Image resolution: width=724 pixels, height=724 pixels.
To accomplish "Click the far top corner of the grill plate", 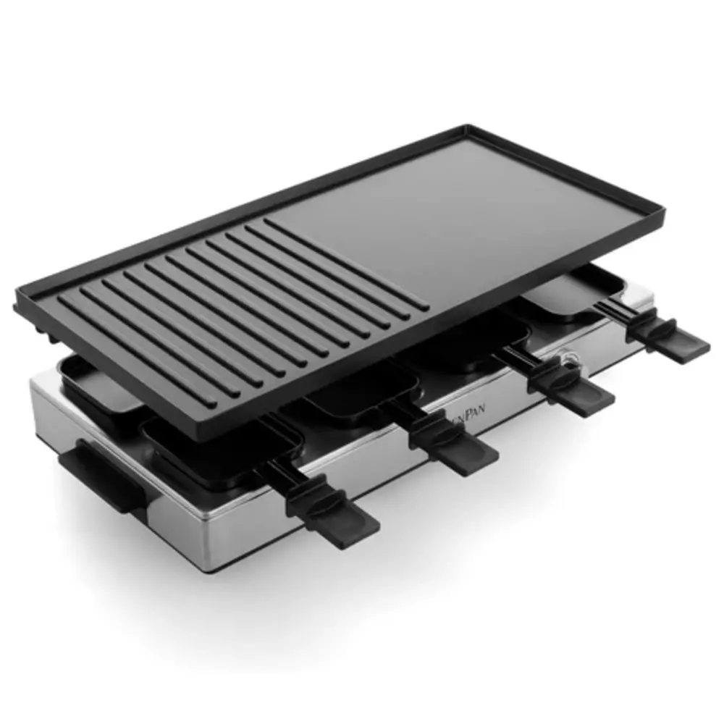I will point(467,130).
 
